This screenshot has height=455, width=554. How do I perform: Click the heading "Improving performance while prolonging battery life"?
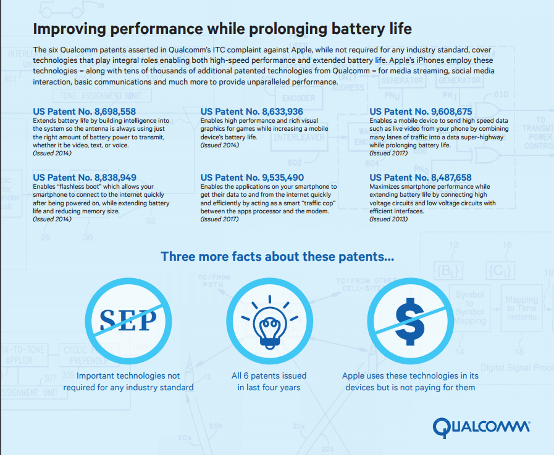click(x=222, y=30)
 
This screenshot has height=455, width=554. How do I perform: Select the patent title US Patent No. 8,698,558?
click(x=85, y=112)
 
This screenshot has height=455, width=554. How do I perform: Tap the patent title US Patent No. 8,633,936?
click(x=253, y=112)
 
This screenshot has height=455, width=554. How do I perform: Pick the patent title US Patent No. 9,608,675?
click(x=421, y=112)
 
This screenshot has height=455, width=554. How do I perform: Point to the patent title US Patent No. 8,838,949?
click(x=85, y=178)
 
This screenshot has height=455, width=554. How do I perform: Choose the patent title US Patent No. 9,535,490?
click(x=253, y=178)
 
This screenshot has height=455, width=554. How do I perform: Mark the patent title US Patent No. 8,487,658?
click(x=421, y=178)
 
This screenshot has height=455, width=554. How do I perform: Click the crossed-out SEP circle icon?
click(x=129, y=318)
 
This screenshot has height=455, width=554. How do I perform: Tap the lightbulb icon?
click(x=269, y=318)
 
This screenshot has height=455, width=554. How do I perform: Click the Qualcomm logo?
click(x=481, y=427)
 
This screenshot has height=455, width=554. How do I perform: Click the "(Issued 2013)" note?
click(x=388, y=219)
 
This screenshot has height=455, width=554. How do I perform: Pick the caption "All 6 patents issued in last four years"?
click(x=269, y=381)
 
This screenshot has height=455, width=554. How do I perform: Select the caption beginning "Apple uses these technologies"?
click(x=409, y=381)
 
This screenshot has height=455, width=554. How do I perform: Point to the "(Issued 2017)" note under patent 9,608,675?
click(x=388, y=153)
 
